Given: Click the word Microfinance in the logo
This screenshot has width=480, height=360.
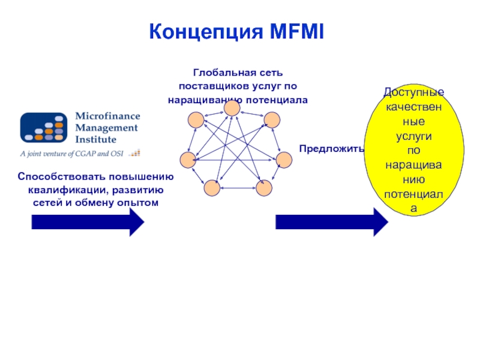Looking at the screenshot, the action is point(106,116).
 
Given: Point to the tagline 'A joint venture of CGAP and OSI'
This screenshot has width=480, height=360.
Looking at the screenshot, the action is point(71,154).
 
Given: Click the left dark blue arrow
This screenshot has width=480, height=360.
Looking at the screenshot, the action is point(88,223).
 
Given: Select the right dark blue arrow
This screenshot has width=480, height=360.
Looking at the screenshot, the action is point(332,223).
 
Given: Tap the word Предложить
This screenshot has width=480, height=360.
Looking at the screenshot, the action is point(331,148).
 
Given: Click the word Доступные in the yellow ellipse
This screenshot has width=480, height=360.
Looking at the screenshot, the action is point(414,93).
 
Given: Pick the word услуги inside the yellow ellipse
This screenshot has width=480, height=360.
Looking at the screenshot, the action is point(414,136).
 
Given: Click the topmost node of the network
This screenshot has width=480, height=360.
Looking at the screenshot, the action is point(232,109).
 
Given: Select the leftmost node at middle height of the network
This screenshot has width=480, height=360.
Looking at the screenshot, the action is point(188,160).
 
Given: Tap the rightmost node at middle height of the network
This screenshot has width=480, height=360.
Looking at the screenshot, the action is point(283,160).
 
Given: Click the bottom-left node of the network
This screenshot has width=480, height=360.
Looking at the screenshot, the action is point(212,188).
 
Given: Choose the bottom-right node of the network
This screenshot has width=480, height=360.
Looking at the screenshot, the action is point(264,188).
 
